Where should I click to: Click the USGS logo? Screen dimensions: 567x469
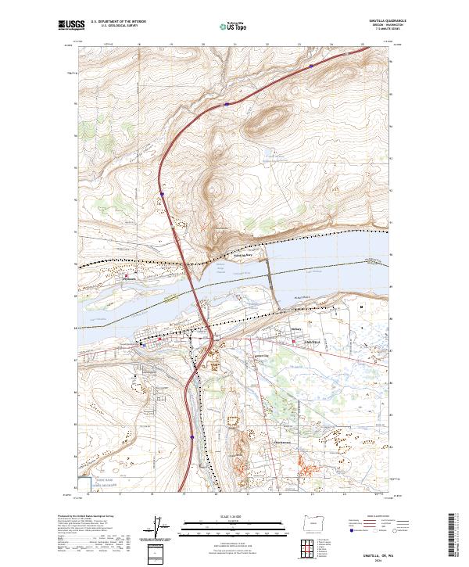click(x=71, y=25)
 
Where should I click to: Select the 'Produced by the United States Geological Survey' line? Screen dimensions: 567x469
click(x=86, y=516)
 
